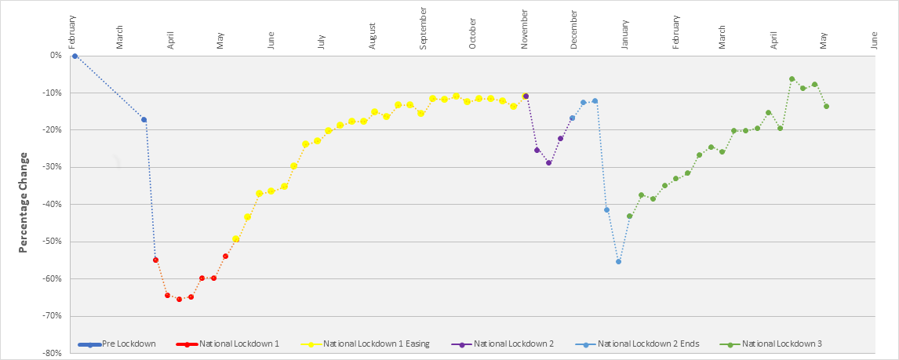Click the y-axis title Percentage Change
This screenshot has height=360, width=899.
[x=24, y=202]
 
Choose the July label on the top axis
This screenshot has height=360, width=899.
[x=322, y=42]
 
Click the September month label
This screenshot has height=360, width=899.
[x=424, y=29]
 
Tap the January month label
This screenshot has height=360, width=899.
[x=625, y=38]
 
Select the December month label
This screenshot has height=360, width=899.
[x=574, y=31]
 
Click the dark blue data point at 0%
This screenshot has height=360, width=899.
[x=75, y=56]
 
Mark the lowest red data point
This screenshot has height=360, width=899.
[x=179, y=299]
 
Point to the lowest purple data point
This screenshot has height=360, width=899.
[x=548, y=162]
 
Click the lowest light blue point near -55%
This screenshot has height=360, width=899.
[x=618, y=261]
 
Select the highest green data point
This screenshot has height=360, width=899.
[x=792, y=78]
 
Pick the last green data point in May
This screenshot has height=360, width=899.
[x=826, y=106]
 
